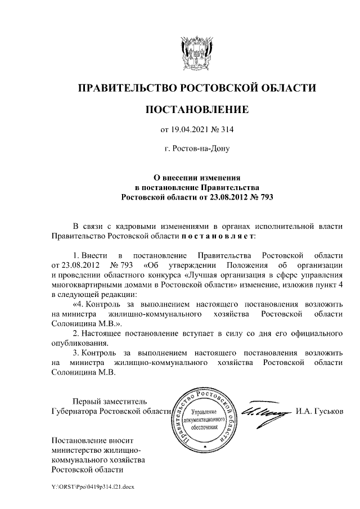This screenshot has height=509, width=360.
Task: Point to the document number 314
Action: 226,130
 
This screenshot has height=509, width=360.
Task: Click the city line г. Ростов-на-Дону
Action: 196,150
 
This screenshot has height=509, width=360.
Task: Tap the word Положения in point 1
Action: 245,264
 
